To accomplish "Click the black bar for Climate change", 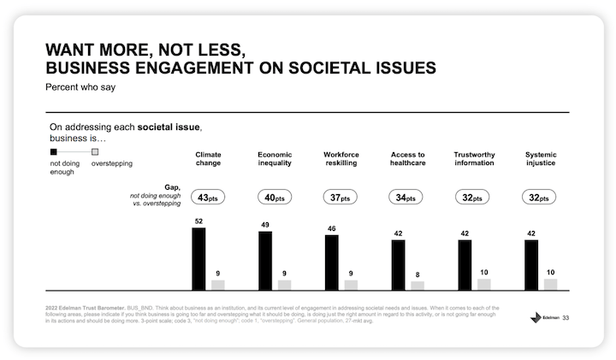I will coord(198,259).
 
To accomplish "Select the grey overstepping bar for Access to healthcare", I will coord(418,286).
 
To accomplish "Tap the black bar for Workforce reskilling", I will coord(332,263).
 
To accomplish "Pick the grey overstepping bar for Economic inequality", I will coord(284,285).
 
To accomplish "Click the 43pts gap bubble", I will coord(208,198).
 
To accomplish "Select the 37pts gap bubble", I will coord(341,198).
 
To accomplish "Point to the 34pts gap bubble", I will coord(407,198).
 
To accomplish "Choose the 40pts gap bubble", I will coord(275,198).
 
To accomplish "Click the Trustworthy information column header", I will coord(474,159).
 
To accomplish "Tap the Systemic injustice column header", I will coord(540,159).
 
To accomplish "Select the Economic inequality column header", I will coord(275,159).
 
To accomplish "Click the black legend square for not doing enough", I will coord(54,151).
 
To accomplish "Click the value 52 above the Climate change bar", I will coord(198,221).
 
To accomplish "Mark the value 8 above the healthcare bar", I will coord(418,274).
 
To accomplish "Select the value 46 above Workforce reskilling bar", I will coord(332,229).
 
